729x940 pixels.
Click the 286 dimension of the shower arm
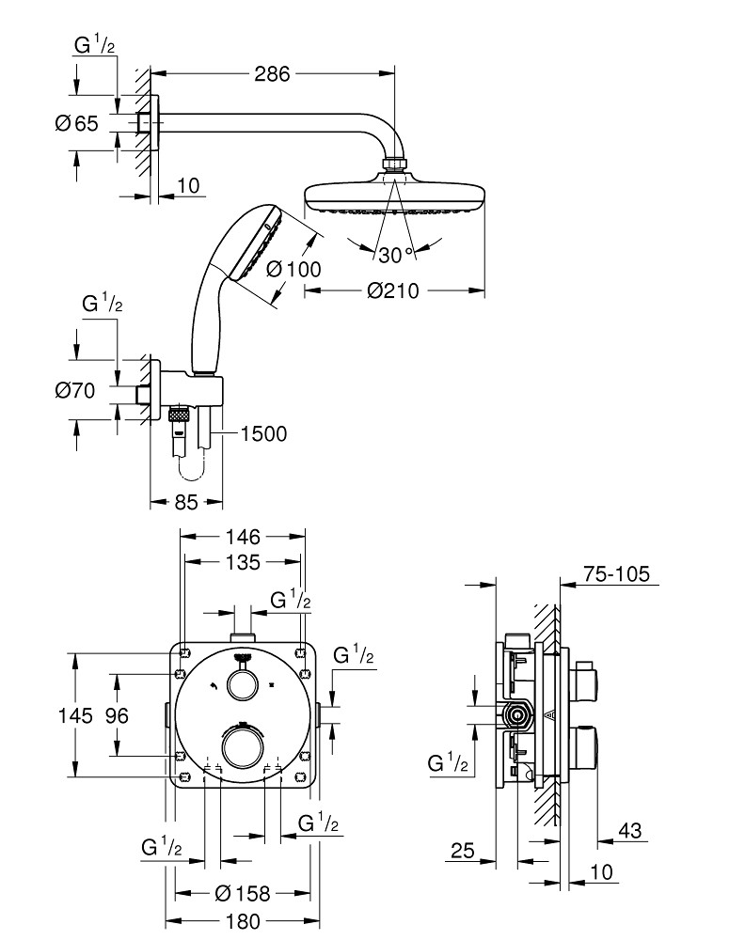[x=273, y=73]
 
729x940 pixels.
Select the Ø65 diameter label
[x=77, y=123]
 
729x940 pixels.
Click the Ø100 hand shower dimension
[x=293, y=269]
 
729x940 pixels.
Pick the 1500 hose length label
[x=263, y=432]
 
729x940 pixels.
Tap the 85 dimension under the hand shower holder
[x=186, y=503]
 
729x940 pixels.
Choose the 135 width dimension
[x=243, y=563]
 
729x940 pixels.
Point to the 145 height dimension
[x=75, y=715]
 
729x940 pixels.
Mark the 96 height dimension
[x=116, y=715]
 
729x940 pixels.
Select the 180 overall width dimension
[x=241, y=921]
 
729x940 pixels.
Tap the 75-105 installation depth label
[x=616, y=574]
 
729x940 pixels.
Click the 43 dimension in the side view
[x=631, y=830]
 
